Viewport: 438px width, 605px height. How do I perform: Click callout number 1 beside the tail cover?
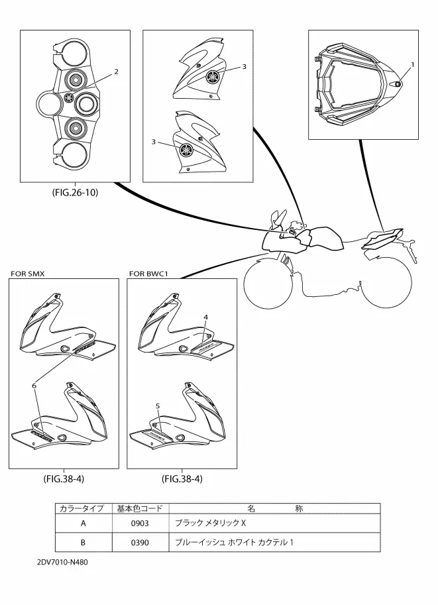412,65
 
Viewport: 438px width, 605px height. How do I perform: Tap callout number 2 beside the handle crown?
116,72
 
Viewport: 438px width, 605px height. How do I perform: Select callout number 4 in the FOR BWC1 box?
205,317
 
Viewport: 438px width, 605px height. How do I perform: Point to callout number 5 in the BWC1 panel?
158,406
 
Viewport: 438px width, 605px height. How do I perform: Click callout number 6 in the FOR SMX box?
34,386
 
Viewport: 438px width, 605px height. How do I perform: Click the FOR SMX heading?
27,274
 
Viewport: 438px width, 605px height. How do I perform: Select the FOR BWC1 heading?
148,274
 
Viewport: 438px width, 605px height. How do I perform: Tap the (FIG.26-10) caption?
75,192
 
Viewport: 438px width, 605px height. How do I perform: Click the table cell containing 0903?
140,523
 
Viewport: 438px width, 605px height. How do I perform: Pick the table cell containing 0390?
140,543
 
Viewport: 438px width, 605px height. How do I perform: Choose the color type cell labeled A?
83,523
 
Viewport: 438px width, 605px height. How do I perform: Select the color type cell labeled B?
83,543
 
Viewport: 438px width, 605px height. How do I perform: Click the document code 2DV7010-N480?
62,562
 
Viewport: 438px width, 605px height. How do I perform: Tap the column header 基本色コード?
140,508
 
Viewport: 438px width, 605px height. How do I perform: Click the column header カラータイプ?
82,508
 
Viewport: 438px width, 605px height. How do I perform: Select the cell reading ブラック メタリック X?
210,523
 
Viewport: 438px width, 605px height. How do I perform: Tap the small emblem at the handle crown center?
69,97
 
